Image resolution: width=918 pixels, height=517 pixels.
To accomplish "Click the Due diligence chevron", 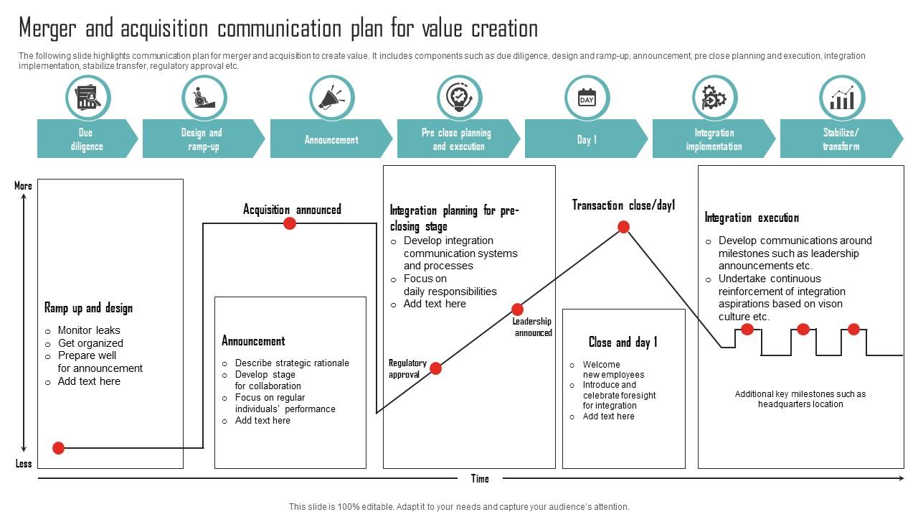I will (87, 139).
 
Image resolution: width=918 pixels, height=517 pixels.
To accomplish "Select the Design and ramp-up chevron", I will (202, 139).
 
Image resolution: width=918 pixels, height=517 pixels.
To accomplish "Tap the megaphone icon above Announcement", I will (332, 98).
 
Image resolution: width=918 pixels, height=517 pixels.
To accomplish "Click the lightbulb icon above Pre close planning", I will (460, 98).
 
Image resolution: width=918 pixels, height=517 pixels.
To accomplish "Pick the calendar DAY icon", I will (587, 98).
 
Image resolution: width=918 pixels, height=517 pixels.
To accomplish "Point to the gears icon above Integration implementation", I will (714, 98).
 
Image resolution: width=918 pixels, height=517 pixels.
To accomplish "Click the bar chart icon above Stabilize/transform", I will (842, 98).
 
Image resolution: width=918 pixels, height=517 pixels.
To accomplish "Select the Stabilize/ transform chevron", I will (841, 139).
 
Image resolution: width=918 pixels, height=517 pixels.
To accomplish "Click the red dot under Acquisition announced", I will (290, 223).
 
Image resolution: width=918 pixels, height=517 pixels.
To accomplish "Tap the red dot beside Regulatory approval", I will (435, 368).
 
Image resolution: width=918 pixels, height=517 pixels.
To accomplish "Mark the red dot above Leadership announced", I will (517, 309).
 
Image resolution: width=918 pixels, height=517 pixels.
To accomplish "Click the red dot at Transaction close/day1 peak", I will (624, 227).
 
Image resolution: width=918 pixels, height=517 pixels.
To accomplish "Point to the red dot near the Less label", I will (59, 448).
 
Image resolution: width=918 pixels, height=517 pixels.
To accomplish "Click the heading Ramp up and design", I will (88, 308).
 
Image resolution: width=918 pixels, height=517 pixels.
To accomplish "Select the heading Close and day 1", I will (623, 342).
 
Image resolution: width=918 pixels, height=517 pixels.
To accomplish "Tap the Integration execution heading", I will (752, 218).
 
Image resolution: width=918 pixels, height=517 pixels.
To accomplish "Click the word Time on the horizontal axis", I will (480, 478).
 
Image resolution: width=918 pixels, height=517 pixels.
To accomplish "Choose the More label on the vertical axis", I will (23, 186).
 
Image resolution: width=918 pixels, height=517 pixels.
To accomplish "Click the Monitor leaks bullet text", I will (89, 330).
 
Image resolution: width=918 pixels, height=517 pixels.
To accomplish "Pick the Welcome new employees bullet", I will (612, 369).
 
